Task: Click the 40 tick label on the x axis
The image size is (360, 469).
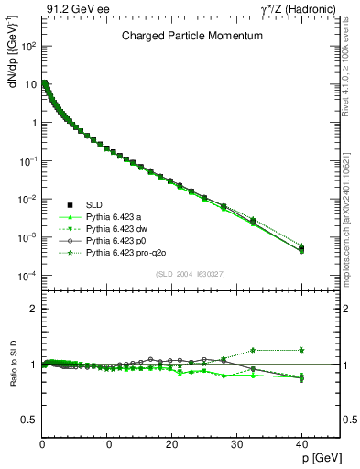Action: [x=300, y=443]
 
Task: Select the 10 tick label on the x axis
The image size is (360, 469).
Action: [x=106, y=443]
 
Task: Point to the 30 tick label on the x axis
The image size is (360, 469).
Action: [x=236, y=443]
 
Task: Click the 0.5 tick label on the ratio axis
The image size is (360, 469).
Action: [x=27, y=420]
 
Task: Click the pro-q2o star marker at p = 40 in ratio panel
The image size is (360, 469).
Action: [x=301, y=350]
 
